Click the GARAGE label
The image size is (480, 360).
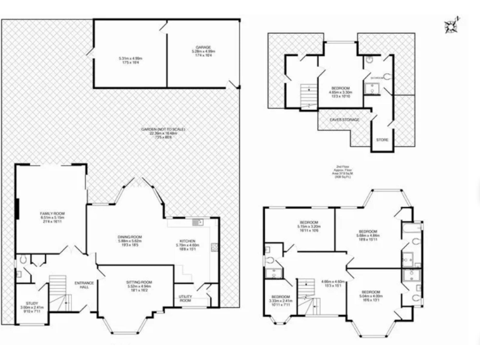[x=202, y=47]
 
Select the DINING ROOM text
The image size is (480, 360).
[x=131, y=237]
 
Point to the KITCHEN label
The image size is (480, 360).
[x=188, y=241]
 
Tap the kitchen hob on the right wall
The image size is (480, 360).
[x=215, y=247]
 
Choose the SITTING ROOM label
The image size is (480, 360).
[x=136, y=282]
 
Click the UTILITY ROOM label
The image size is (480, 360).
[x=186, y=299]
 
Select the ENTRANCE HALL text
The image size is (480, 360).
[x=84, y=285]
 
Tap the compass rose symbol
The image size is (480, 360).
[x=451, y=26]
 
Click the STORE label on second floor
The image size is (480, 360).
[x=382, y=140]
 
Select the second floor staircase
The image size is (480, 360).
[x=306, y=95]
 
